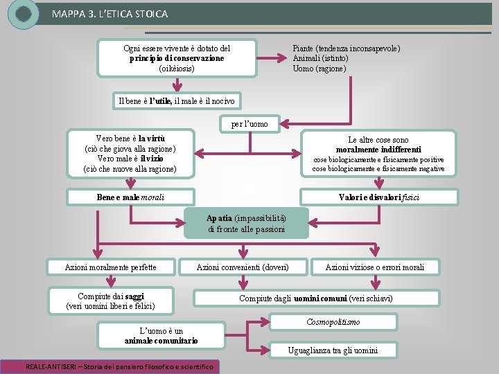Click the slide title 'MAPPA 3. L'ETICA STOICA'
[x=110, y=14]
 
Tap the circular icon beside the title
[x=23, y=14]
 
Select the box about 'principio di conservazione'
[x=177, y=58]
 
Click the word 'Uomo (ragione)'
[x=319, y=69]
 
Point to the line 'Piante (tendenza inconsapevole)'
[x=346, y=48]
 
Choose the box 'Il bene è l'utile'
[x=177, y=101]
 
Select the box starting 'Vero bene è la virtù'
[x=130, y=154]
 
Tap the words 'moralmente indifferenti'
[x=378, y=150]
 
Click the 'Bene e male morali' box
[x=130, y=197]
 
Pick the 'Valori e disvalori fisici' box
[x=378, y=197]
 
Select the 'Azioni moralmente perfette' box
[x=110, y=267]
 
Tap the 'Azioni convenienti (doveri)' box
[x=243, y=267]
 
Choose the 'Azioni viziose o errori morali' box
[x=374, y=267]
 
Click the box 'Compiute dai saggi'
[x=110, y=301]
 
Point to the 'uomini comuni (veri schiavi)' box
[x=316, y=299]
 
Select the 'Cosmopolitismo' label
[x=333, y=322]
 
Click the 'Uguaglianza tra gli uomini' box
[x=333, y=350]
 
